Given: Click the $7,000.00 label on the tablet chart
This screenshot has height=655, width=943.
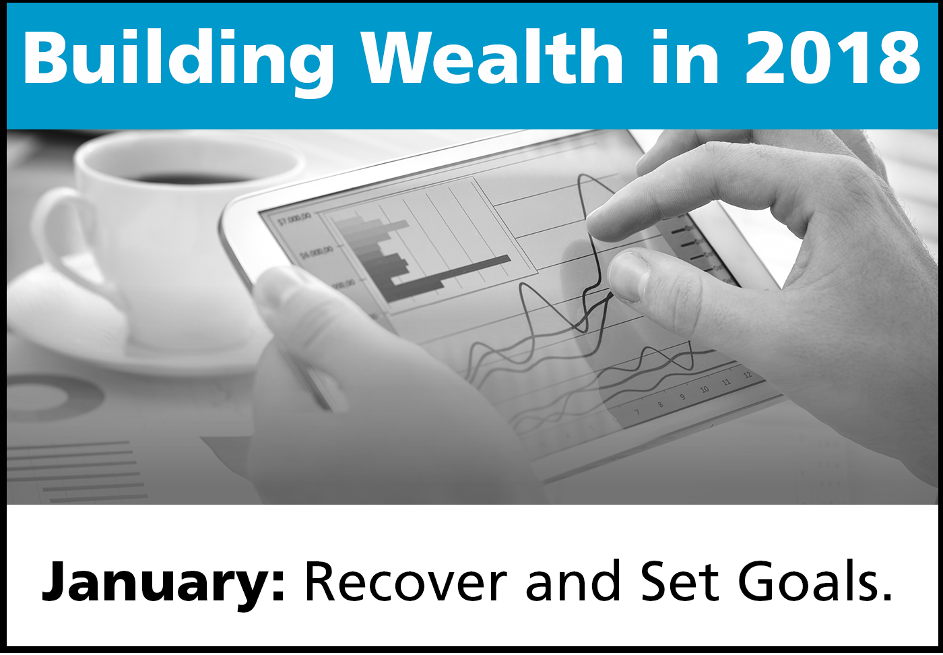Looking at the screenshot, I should tap(294, 218).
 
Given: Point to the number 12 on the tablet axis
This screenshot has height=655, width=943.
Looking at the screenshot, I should tap(748, 375).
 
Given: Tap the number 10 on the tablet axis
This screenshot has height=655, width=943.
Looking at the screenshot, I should tap(704, 389).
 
